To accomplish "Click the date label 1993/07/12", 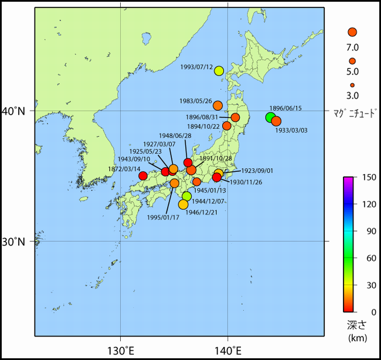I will (198, 67).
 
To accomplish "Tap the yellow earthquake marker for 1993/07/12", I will (219, 71).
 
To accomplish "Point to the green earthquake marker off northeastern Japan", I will (270, 117).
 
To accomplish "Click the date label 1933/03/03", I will (291, 130).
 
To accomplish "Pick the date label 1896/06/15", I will (285, 108).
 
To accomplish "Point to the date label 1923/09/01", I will (257, 171).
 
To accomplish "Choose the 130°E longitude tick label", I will (121, 350).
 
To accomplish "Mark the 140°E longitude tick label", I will (227, 350).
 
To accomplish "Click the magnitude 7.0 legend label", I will (352, 47).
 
